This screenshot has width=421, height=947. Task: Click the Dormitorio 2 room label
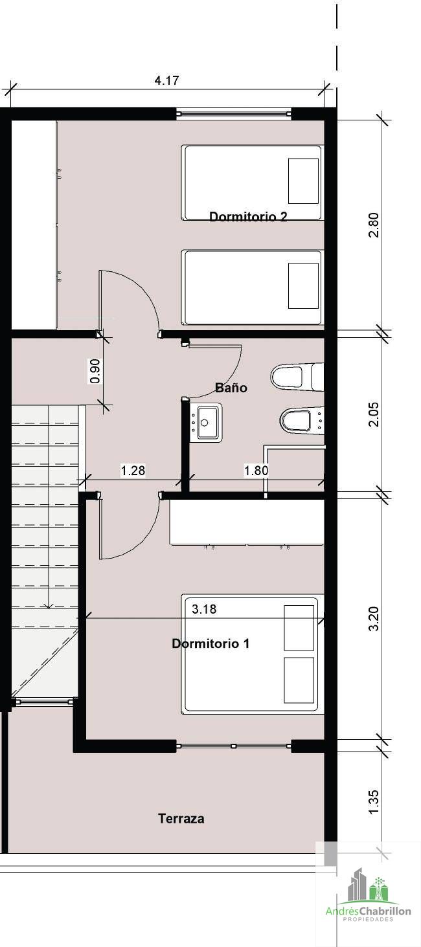(x=248, y=216)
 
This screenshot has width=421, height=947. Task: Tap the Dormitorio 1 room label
(x=210, y=643)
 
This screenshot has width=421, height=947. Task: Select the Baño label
(x=231, y=387)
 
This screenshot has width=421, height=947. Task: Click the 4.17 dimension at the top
(x=166, y=80)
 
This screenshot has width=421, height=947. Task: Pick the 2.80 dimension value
(x=374, y=225)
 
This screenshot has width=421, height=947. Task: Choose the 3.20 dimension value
(x=374, y=619)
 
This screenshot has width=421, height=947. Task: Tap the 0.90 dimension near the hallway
(x=96, y=371)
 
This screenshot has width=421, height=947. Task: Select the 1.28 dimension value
(x=133, y=470)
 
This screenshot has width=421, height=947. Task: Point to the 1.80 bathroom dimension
(x=256, y=470)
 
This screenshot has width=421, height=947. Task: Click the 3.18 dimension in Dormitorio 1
(x=204, y=608)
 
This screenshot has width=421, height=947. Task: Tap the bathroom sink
(x=205, y=421)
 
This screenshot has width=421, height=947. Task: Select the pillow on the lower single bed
(x=303, y=286)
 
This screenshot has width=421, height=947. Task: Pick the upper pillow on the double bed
(x=299, y=628)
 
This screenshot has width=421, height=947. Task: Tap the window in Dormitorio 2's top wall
(x=234, y=113)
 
